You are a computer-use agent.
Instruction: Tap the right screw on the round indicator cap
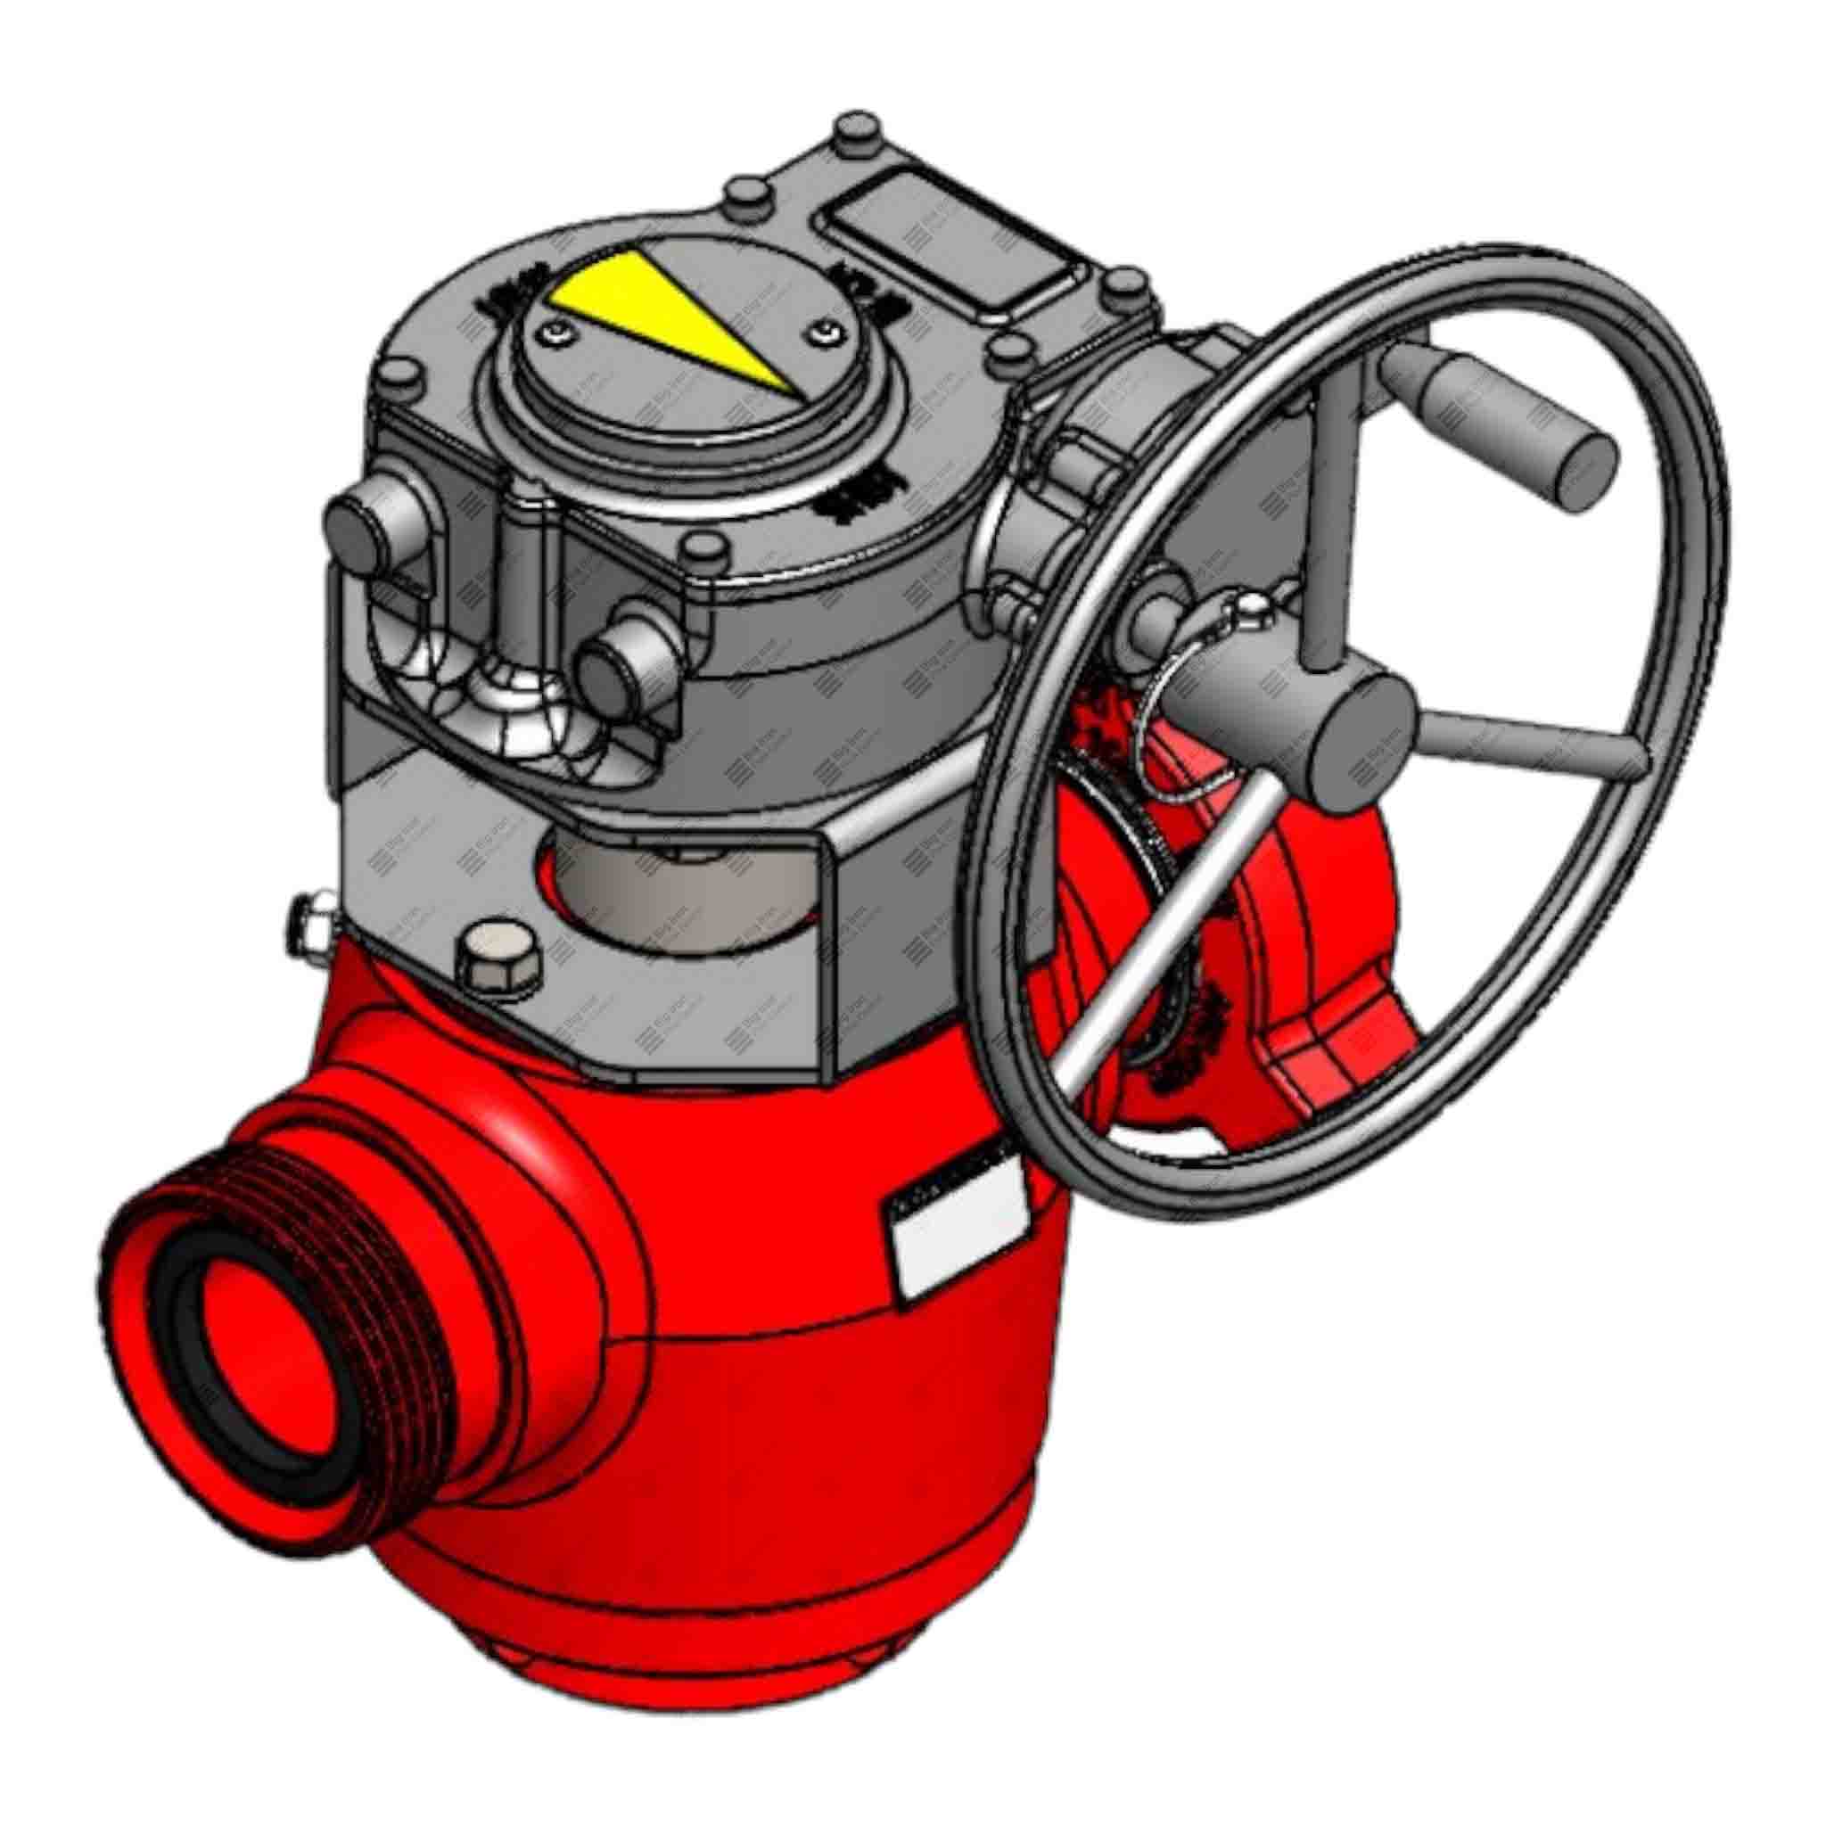pyautogui.click(x=826, y=330)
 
